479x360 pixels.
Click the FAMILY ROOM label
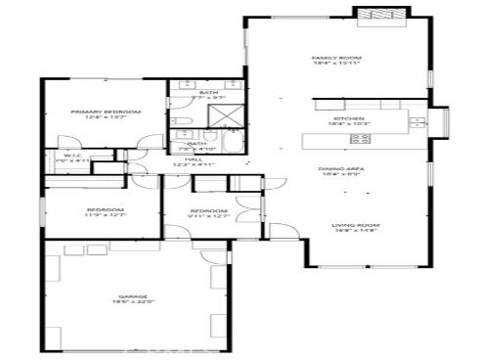336,58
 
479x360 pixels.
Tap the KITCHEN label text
336,116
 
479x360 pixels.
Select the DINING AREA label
341,169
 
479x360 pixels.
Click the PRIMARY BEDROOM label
106,112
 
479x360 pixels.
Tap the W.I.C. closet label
71,155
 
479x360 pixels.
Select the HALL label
194,157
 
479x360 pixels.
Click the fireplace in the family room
376,17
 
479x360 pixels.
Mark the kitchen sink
417,122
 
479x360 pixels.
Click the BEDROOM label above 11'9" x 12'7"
105,210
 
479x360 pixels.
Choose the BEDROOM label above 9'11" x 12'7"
208,211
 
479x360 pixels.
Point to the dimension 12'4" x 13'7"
106,119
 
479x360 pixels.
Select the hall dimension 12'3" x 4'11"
194,164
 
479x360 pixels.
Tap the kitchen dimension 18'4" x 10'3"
336,123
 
